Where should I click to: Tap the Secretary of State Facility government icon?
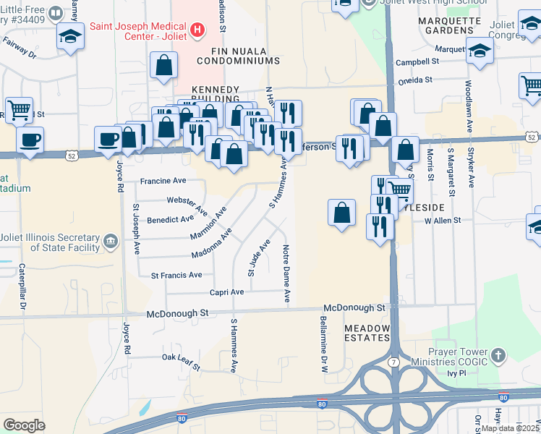click(111, 242)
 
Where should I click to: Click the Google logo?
click(24, 425)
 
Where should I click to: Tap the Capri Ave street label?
click(226, 292)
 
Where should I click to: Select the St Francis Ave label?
click(176, 275)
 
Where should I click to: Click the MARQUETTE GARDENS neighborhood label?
click(450, 25)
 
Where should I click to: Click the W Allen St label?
click(442, 220)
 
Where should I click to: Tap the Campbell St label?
click(412, 62)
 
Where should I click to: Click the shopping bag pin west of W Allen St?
click(341, 213)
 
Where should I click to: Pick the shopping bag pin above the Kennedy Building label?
click(164, 66)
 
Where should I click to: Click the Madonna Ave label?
click(211, 245)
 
